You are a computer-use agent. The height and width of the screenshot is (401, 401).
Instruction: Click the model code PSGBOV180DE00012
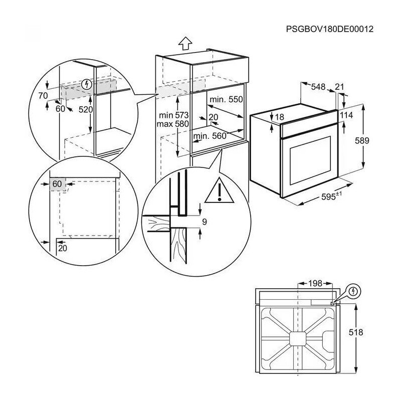[x=330, y=29]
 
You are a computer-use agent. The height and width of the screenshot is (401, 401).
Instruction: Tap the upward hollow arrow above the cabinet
[x=185, y=43]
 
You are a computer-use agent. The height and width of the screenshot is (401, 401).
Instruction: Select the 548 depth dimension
[x=318, y=87]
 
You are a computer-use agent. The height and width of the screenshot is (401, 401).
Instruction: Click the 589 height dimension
[x=362, y=140]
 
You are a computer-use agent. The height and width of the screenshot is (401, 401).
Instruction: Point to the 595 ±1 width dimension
[x=331, y=196]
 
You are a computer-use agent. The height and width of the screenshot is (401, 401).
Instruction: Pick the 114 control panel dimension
[x=346, y=115]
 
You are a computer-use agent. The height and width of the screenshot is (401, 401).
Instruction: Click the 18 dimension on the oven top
[x=280, y=117]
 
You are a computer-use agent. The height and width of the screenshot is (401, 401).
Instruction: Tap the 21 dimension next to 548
[x=339, y=87]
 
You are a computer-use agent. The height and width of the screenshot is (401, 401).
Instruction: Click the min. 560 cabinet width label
[x=210, y=136]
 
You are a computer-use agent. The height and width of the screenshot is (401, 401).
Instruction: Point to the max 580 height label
[x=172, y=124]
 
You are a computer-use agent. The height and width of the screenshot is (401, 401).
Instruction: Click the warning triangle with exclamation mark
[x=220, y=190]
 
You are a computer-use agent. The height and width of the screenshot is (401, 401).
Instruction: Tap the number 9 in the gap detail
[x=205, y=222]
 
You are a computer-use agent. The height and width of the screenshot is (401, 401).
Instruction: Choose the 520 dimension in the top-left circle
[x=86, y=109]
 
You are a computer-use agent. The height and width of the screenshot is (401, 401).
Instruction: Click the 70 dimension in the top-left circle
[x=43, y=96]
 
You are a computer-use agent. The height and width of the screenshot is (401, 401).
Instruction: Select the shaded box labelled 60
[x=58, y=184]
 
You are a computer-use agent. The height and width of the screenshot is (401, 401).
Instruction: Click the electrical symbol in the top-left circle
[x=86, y=84]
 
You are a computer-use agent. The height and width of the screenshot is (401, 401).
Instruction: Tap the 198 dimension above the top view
[x=315, y=283]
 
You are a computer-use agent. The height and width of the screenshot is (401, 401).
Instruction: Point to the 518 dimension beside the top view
[x=356, y=332]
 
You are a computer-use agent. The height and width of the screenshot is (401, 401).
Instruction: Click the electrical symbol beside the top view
[x=353, y=291]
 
